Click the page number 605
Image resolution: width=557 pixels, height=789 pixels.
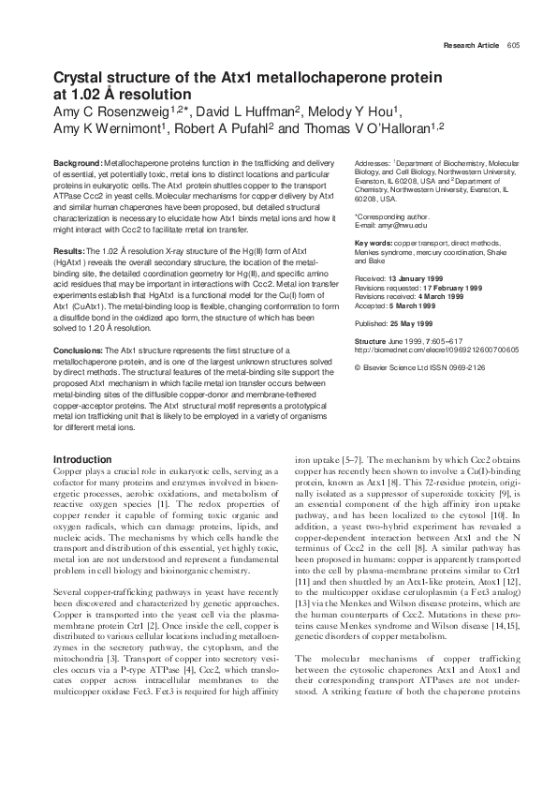[513, 45]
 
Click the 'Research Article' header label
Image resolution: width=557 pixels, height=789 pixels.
[473, 45]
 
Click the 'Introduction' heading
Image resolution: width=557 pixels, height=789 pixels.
[83, 458]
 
